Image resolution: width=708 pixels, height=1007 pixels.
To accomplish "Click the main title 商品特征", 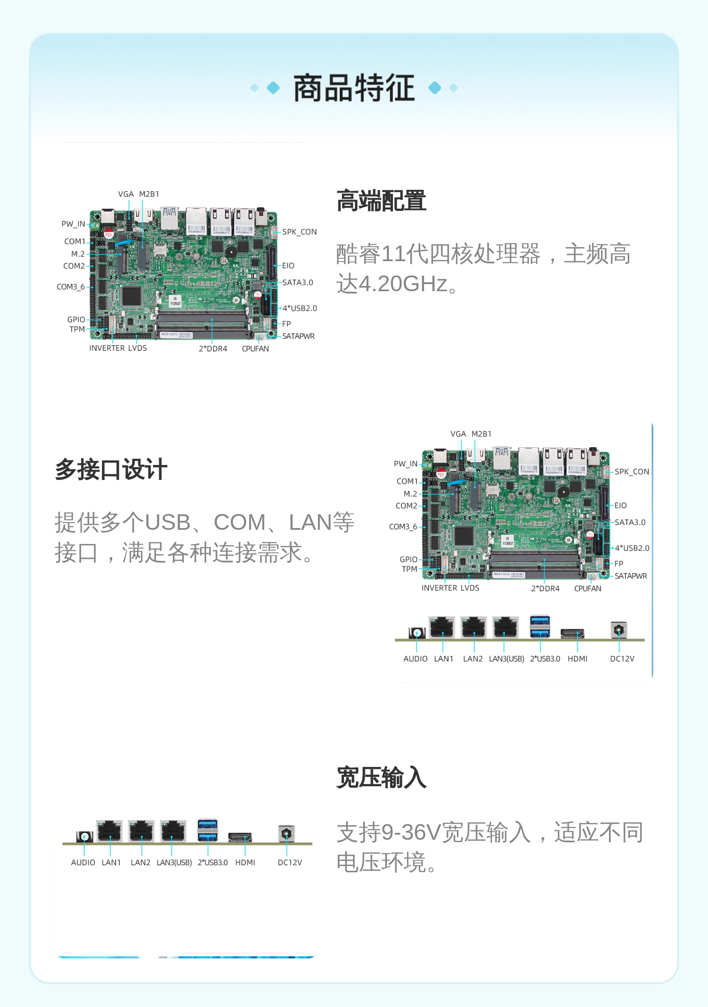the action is click(x=354, y=88).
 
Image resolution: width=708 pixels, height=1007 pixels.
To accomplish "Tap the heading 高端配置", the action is click(x=381, y=201).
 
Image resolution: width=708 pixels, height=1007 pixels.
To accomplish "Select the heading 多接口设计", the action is click(x=111, y=469).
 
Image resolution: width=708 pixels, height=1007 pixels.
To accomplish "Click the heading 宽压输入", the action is click(x=381, y=777).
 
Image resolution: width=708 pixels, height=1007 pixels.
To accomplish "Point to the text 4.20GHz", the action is click(x=403, y=284).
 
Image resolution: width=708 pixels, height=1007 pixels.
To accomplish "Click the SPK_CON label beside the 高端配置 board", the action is click(x=300, y=232).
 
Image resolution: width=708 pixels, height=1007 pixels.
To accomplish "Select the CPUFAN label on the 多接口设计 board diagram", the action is click(x=588, y=589).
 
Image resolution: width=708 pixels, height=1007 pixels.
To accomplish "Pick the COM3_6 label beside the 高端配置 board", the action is click(x=71, y=287).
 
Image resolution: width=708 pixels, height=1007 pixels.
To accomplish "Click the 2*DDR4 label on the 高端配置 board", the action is click(x=213, y=349).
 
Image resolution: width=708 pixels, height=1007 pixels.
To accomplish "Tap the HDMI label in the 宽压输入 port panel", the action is click(x=245, y=862).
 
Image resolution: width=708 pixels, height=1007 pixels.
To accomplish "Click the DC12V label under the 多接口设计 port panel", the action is click(x=622, y=659).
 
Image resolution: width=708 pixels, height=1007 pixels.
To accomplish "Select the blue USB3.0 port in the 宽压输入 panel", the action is click(x=208, y=830).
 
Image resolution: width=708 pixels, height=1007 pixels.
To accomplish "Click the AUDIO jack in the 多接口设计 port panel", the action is click(x=416, y=633).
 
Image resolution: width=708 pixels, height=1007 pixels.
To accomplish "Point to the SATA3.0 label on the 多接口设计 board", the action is click(x=630, y=522).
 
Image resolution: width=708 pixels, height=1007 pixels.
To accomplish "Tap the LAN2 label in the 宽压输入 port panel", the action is click(x=140, y=862).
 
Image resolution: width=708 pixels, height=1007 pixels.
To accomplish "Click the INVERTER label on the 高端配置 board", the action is click(x=107, y=348).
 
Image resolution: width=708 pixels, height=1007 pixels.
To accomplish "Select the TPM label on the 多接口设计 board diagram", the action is click(x=409, y=569).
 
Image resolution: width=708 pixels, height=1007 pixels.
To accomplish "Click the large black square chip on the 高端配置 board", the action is click(x=131, y=295).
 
